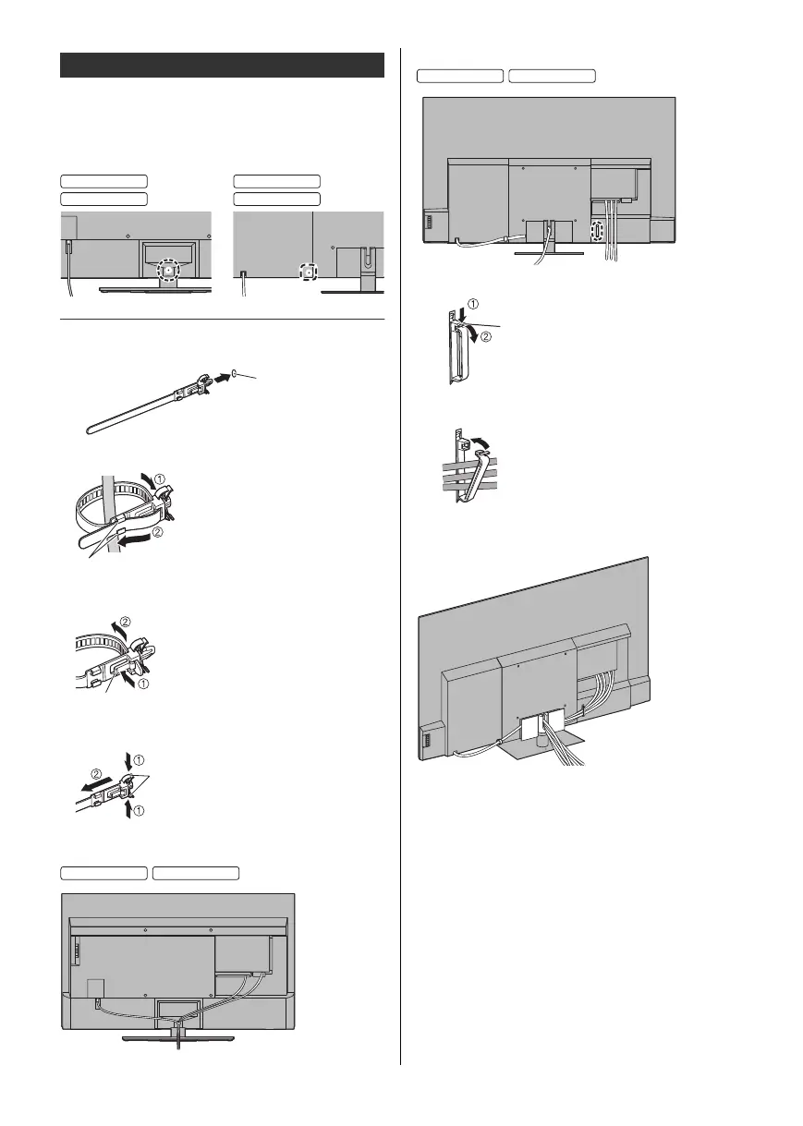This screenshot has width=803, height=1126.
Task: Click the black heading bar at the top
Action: [222, 66]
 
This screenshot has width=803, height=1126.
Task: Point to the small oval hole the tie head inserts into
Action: [237, 375]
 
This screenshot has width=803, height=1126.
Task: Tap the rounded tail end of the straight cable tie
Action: [90, 428]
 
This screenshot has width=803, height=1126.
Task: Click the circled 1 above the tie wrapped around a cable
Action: [158, 479]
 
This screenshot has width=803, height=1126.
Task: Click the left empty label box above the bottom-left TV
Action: [104, 871]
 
